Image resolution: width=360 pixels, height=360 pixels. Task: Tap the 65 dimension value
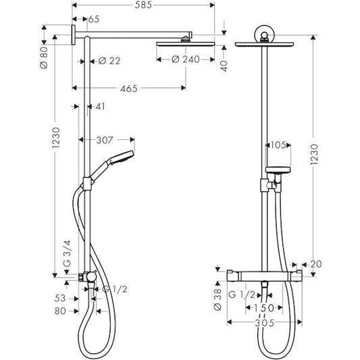click(x=93, y=20)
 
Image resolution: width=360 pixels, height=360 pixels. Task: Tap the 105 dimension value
click(x=278, y=145)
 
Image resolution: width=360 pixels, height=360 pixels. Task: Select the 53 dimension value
click(x=59, y=298)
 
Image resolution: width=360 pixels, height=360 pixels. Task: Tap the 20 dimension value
click(x=315, y=265)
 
